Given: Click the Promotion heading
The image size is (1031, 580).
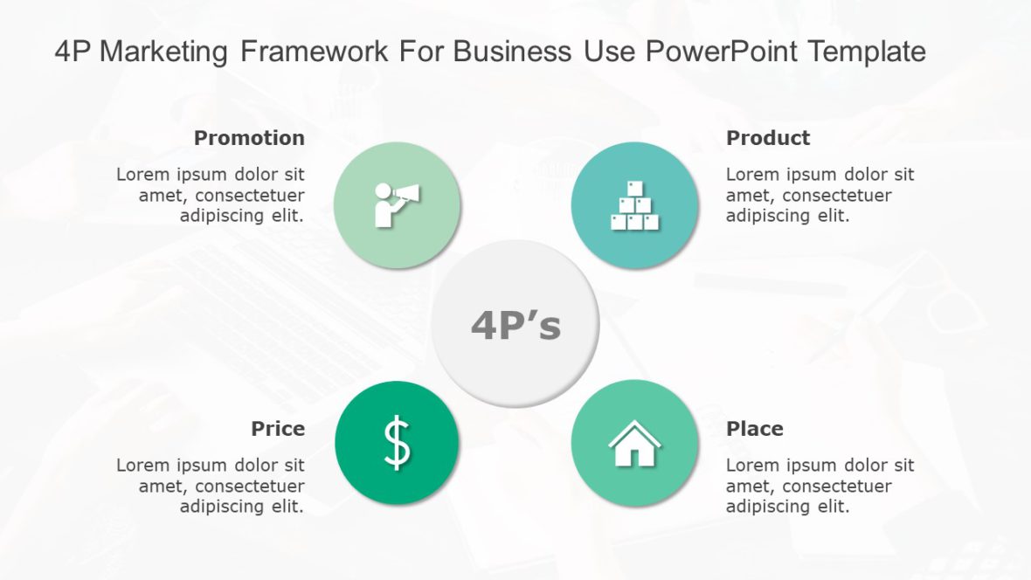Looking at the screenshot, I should pos(249,138).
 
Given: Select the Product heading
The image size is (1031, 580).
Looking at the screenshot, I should pos(768,138).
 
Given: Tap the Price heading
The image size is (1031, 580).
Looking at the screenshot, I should pos(278,429).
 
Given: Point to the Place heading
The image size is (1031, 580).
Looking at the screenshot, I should pos(754,429).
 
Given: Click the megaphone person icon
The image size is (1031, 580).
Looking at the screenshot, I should pos(396,204).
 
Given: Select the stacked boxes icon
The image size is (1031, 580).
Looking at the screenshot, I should pos(634,206).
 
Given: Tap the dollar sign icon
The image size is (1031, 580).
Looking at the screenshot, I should pos(397,443).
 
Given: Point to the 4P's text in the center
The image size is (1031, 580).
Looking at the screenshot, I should pos(515,326).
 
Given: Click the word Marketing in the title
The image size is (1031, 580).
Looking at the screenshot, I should pos(165,52).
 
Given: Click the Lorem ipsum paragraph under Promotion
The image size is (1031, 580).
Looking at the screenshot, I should pos(211,195).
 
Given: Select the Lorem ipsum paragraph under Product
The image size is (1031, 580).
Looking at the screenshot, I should pos(820,195).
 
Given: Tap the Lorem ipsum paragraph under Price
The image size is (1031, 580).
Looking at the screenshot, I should pos(211,486).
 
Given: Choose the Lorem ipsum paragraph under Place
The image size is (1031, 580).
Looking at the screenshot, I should pos(820,486).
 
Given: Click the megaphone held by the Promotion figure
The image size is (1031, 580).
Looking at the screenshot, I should pos(407,195).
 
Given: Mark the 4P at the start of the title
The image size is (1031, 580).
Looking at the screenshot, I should pos(73,52).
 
